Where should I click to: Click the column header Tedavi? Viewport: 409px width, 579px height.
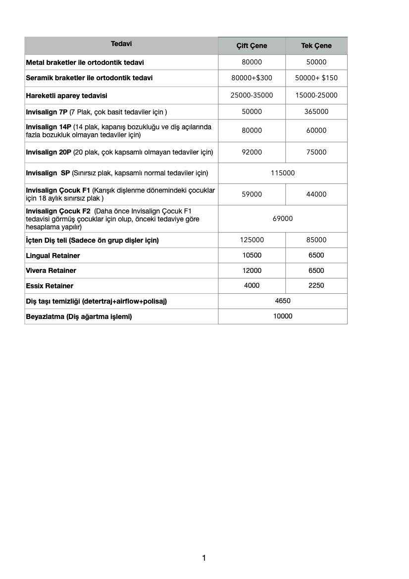(121, 44)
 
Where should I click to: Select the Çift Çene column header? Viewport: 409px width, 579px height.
(252, 46)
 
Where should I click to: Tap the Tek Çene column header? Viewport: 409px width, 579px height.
(316, 46)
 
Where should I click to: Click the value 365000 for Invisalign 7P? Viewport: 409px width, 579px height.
(316, 111)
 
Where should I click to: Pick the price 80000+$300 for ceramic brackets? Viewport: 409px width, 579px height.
(252, 78)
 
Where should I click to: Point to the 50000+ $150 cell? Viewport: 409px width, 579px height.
(316, 78)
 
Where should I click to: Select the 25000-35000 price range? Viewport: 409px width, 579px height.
(252, 95)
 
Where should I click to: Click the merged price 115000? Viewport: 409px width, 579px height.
(283, 173)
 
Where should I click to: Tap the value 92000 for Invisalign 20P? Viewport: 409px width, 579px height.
(252, 152)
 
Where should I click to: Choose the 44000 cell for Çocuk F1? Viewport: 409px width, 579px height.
(316, 194)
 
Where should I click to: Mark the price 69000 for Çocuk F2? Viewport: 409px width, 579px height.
(283, 218)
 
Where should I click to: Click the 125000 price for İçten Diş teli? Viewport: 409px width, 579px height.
(252, 240)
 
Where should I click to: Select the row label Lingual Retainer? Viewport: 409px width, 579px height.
(53, 256)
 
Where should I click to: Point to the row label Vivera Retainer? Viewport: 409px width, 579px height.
(51, 270)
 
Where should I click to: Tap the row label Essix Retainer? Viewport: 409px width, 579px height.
(50, 286)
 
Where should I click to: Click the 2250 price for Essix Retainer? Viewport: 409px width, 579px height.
(316, 285)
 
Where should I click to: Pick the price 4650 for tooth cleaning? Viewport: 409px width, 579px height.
(283, 301)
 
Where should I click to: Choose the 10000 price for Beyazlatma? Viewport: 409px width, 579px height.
(283, 316)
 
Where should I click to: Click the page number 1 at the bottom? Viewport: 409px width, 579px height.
(204, 558)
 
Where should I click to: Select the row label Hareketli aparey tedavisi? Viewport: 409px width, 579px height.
(66, 95)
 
